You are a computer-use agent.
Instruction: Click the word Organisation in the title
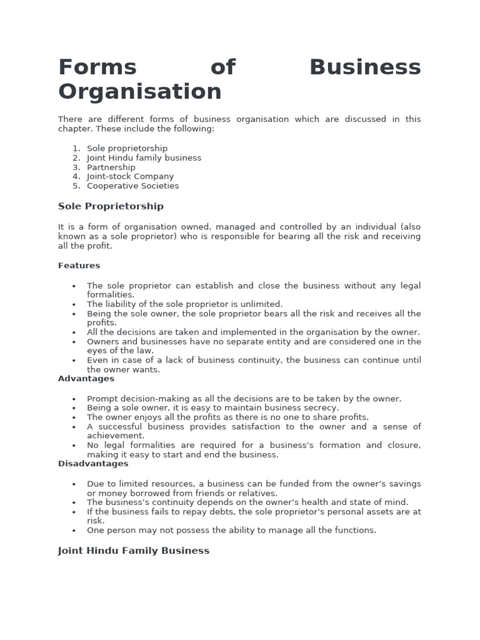pos(140,92)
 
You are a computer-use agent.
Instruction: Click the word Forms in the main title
pos(97,67)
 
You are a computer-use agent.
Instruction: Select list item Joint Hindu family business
pos(144,158)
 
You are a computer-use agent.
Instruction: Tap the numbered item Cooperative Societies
pos(132,186)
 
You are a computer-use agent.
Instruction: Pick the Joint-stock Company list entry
pos(130,176)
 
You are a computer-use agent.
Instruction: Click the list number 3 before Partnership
pos(76,167)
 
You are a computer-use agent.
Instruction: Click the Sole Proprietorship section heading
pos(111,206)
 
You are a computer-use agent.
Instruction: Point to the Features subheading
pos(79,266)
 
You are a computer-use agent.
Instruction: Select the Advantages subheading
pos(86,379)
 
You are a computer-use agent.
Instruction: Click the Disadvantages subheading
pos(93,464)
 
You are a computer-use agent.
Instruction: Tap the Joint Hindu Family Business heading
pos(134,551)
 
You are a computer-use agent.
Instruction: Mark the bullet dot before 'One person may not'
pos(74,531)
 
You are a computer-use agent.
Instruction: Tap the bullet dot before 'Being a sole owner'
pos(74,408)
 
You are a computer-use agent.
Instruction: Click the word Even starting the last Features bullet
pos(97,360)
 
